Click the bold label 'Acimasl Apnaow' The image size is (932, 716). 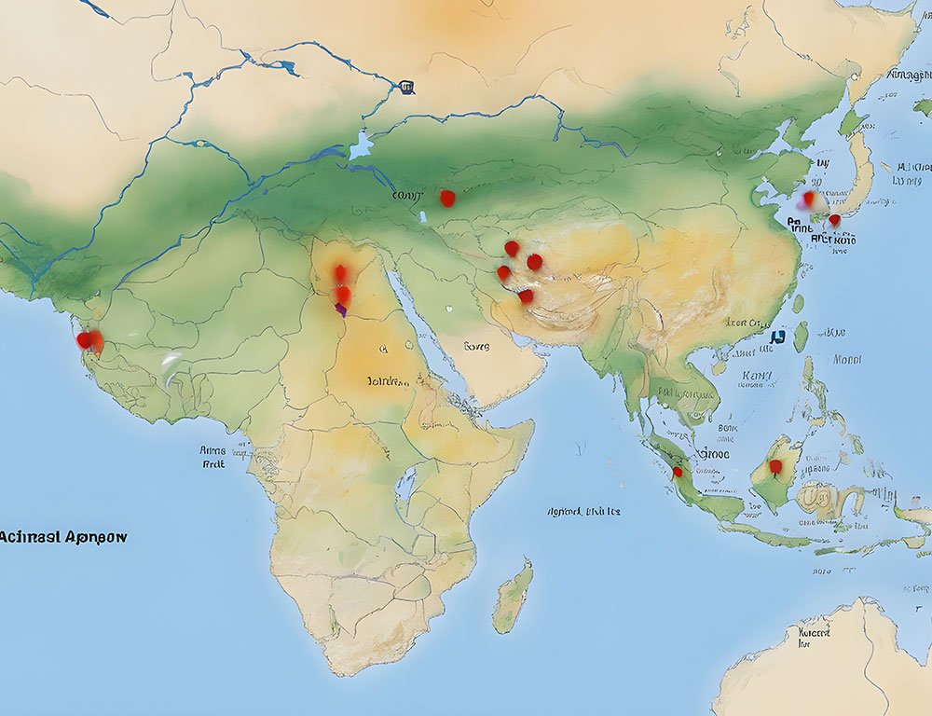point(63,537)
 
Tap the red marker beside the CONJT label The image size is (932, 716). point(447,198)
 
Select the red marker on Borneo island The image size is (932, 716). point(774,465)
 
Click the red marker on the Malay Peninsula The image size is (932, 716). point(678,472)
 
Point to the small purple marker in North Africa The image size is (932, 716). point(341,310)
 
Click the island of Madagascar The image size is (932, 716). point(513,597)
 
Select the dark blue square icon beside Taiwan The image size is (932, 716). point(777,337)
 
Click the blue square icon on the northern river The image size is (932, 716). point(405,88)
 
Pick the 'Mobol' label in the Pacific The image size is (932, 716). point(846,359)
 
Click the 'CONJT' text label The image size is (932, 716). point(407,196)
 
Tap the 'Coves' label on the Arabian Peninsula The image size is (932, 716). point(475,346)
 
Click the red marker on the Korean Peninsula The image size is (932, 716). point(834,220)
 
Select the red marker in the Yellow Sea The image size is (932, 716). point(808,198)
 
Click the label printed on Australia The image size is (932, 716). point(814,637)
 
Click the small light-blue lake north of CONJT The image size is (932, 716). point(362,146)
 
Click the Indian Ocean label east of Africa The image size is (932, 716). point(583,511)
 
